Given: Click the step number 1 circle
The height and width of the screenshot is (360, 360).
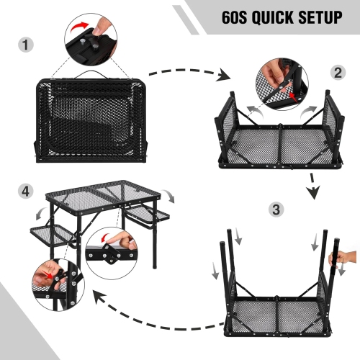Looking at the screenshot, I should [x=26, y=45].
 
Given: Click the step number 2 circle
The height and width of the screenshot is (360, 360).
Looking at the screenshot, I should [x=337, y=73].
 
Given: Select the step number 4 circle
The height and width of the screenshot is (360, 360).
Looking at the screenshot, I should [x=26, y=192].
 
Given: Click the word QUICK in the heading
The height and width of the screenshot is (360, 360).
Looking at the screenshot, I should [x=274, y=17].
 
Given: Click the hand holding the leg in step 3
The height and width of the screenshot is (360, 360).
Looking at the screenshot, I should [x=344, y=257].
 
